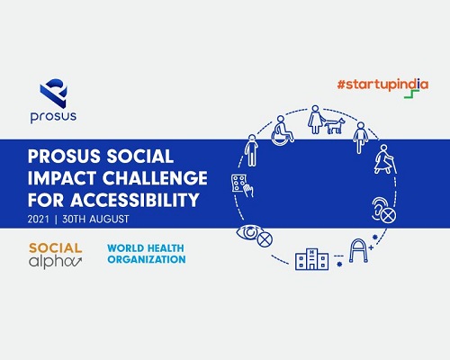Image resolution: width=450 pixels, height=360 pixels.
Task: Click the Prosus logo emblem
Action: click(54, 94)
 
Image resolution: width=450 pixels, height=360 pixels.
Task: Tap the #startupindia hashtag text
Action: click(382, 85)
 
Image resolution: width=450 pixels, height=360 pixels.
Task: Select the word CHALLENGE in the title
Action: click(155, 178)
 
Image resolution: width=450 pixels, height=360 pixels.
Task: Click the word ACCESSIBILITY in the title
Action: click(135, 200)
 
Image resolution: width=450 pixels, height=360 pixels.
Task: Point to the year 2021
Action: click(38, 219)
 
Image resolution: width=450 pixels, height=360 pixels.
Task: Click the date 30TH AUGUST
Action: click(95, 219)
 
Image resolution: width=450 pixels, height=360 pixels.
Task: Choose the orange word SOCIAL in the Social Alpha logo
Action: click(56, 248)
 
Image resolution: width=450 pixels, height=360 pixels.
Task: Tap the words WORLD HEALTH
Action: click(146, 248)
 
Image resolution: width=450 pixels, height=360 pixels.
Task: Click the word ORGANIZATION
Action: click(147, 259)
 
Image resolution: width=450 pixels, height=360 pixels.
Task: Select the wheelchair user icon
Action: click(283, 130)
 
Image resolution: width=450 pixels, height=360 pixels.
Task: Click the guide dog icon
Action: click(335, 126)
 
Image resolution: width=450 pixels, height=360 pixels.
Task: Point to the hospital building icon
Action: click(311, 259)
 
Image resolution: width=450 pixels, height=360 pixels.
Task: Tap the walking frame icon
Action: click(358, 250)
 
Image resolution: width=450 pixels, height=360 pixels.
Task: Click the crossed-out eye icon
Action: click(255, 236)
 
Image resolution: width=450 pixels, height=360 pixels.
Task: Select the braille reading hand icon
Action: click(242, 185)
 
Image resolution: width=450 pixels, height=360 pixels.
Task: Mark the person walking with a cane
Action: click(385, 159)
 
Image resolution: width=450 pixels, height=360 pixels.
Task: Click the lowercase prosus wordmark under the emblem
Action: click(53, 116)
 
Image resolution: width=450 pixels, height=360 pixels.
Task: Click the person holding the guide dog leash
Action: click(315, 120)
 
